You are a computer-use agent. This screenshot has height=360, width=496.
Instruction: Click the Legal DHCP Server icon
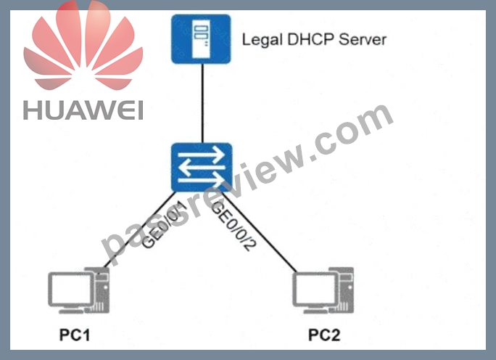coord(201,39)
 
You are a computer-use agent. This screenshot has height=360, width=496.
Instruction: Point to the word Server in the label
coord(363,40)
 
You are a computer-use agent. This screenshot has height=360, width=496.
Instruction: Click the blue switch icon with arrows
coord(202,167)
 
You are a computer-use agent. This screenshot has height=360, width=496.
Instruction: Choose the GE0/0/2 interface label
coord(233,226)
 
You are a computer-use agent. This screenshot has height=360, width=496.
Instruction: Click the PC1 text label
coord(75,335)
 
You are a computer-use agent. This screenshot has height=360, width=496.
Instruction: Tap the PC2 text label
coord(324,335)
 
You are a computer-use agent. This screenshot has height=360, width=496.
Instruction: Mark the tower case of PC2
coord(344,290)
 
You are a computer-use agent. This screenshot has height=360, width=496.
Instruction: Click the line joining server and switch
coord(202,103)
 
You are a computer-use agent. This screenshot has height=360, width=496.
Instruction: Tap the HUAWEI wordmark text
coord(83,110)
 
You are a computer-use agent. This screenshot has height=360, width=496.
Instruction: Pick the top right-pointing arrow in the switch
coord(201,155)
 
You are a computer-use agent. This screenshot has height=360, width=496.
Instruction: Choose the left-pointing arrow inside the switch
coord(202,168)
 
